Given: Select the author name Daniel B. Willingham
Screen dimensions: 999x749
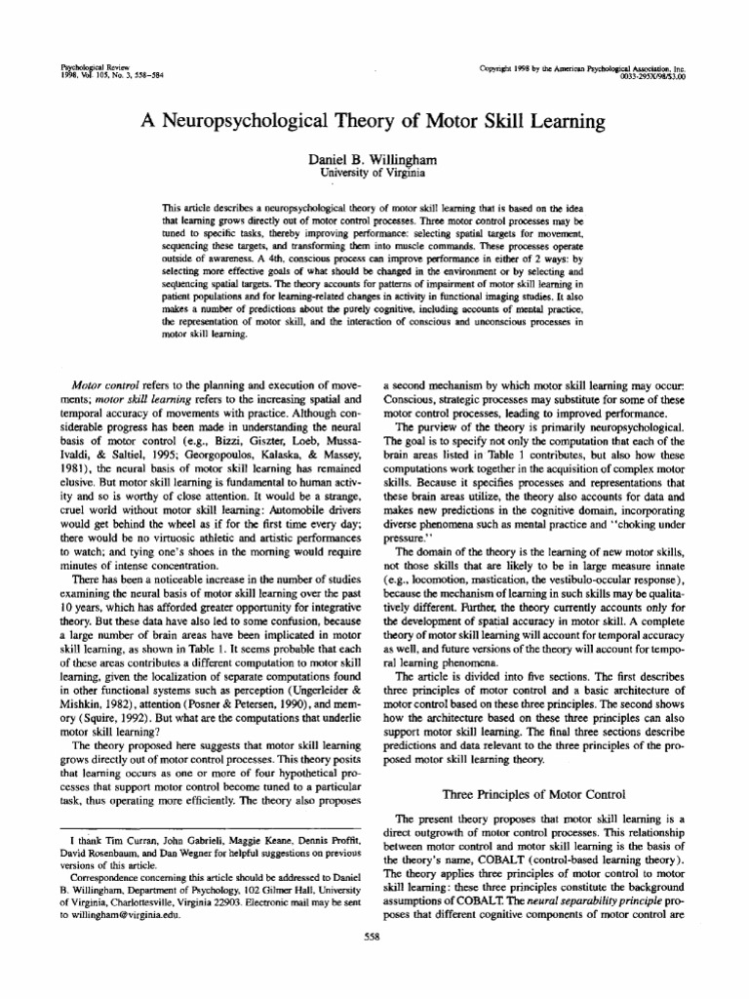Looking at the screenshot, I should (374, 158).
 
